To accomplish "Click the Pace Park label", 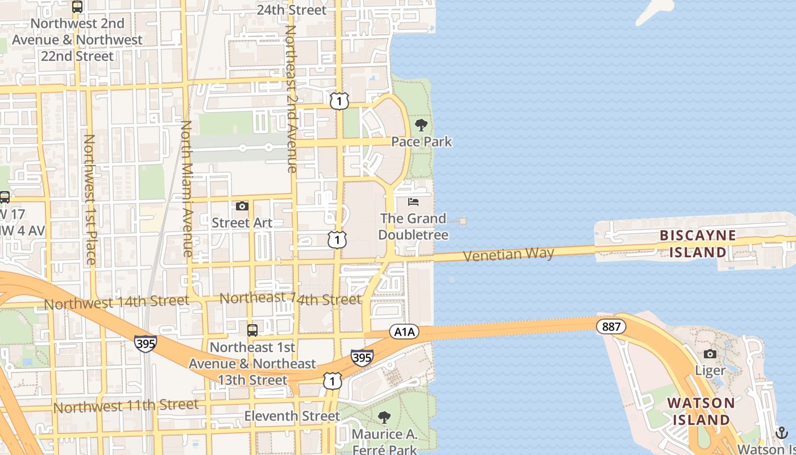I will click(421, 142).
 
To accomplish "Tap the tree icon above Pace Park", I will click(421, 125).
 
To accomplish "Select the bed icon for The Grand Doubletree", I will click(413, 202).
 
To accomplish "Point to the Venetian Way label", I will click(508, 254).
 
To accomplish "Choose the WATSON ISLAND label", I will click(700, 411).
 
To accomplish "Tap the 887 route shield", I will click(611, 326).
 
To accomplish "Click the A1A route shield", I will click(404, 332).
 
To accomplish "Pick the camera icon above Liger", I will click(710, 354).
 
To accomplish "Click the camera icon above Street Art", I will click(242, 206).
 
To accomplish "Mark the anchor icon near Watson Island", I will click(782, 432).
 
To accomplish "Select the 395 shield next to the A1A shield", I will click(362, 357).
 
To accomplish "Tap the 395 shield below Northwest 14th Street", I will click(146, 344).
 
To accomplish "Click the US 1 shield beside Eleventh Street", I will click(333, 381).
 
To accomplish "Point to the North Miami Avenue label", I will click(187, 188).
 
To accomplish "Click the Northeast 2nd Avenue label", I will click(291, 98).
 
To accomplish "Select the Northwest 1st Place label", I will click(90, 199).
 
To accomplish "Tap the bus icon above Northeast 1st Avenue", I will click(252, 330).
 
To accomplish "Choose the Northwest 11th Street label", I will click(126, 406).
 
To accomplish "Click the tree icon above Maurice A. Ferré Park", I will click(384, 417).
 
